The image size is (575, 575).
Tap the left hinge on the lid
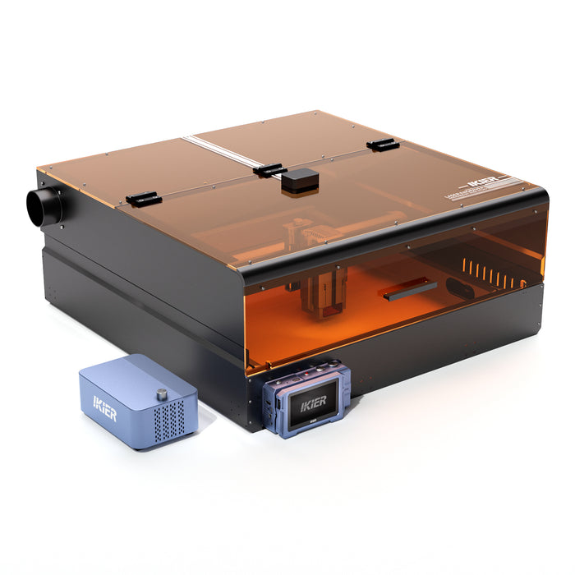coord(142,198)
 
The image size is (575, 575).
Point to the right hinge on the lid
coord(383,145)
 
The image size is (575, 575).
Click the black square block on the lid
coord(299,182)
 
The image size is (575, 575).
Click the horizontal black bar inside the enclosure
coord(408,287)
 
